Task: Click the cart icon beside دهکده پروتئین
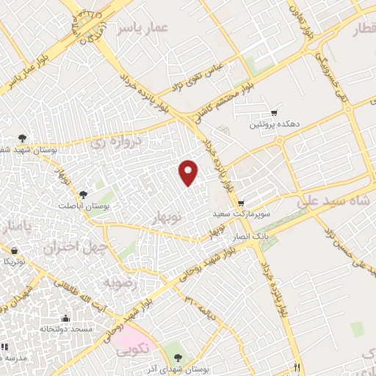pyautogui.click(x=274, y=112)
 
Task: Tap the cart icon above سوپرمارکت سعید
pyautogui.click(x=241, y=203)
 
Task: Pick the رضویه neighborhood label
pyautogui.click(x=120, y=282)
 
